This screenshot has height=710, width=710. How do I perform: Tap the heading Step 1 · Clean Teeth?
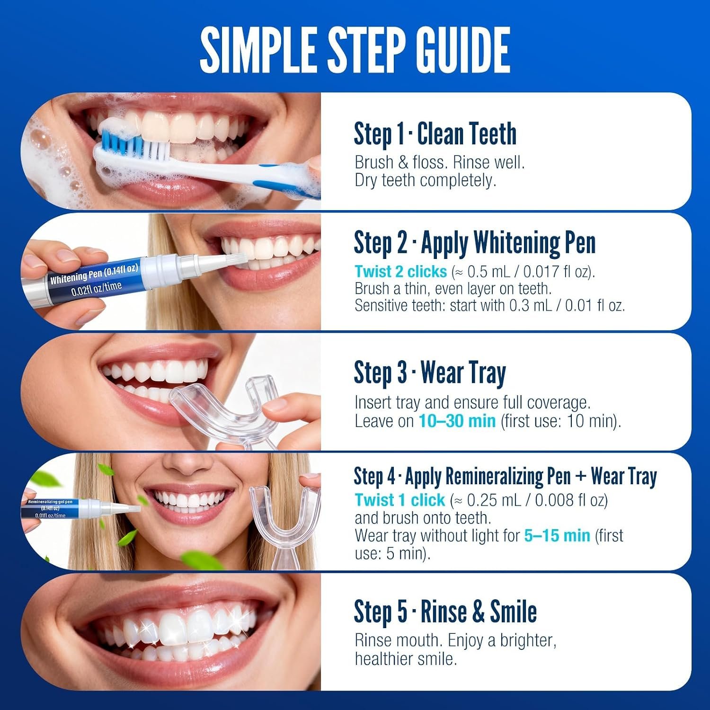(435, 134)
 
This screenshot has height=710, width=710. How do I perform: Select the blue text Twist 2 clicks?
(401, 271)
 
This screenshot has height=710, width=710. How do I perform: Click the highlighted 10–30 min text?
(457, 421)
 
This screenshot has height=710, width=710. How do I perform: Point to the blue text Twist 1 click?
(400, 500)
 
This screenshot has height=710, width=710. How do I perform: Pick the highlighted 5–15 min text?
(557, 535)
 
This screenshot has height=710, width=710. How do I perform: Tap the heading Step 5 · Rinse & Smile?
(445, 612)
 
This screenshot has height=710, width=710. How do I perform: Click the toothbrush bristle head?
(134, 140)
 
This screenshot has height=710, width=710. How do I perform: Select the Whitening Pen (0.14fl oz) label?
(94, 274)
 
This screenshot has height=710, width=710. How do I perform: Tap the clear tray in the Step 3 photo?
(227, 407)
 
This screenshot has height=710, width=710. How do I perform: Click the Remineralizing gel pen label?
(50, 501)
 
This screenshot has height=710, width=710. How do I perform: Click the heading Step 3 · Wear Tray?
(430, 373)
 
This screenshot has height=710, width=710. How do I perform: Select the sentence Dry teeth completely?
(426, 180)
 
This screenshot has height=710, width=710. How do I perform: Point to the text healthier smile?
(406, 659)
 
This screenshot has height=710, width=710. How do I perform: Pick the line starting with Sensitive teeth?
(490, 305)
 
